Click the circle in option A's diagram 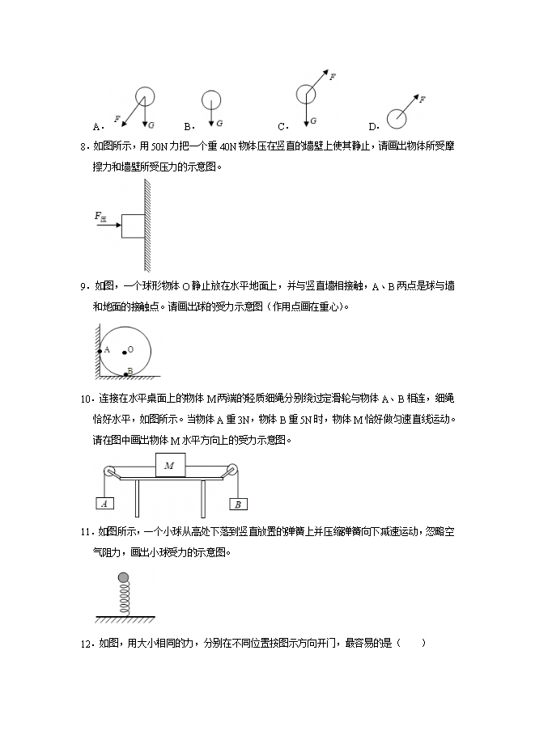point(145,96)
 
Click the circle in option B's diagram point(210,100)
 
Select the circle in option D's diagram point(397,119)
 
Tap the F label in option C point(333,76)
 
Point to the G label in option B point(220,125)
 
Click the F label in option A point(117,119)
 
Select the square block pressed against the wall point(133,226)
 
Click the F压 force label point(101,216)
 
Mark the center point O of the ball point(124,352)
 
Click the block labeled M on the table point(169,466)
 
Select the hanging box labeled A point(104,503)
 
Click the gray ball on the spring point(124,577)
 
